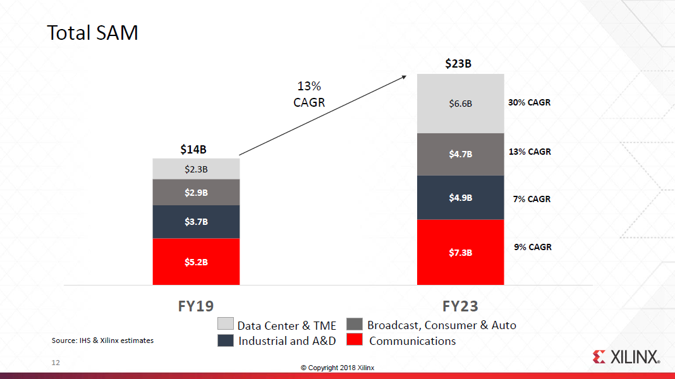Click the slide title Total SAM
click(93, 33)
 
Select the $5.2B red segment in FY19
click(196, 262)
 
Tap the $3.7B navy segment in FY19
click(196, 222)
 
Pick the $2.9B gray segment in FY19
click(196, 192)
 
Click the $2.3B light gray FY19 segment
click(196, 169)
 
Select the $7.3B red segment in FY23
click(460, 252)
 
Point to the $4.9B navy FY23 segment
click(460, 198)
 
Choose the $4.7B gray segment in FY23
click(460, 153)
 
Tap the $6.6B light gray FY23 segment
click(460, 104)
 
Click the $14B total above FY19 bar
click(193, 150)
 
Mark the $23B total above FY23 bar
click(458, 63)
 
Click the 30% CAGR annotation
click(529, 102)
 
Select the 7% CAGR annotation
click(531, 199)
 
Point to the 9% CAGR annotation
click(532, 247)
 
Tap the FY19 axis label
click(195, 306)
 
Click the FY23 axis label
click(460, 306)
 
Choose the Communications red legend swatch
click(355, 340)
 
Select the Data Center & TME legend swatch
click(226, 324)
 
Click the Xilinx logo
click(626, 357)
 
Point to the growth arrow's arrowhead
click(404, 76)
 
